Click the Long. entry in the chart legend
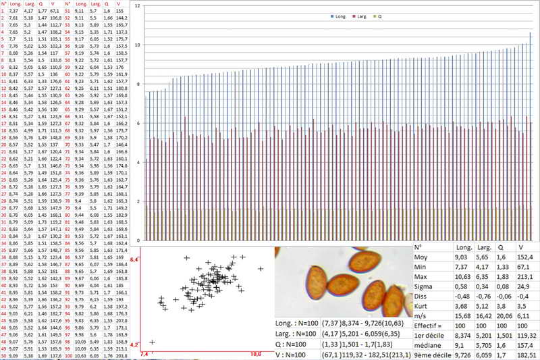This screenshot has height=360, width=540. pyautogui.click(x=339, y=16)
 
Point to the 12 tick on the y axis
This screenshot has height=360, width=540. pyautogui.click(x=138, y=5)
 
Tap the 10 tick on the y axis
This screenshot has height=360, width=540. pyautogui.click(x=138, y=45)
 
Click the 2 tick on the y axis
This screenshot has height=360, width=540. pyautogui.click(x=138, y=201)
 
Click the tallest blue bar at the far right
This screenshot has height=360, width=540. pyautogui.click(x=530, y=135)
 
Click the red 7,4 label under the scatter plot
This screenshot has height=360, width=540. pyautogui.click(x=144, y=353)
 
